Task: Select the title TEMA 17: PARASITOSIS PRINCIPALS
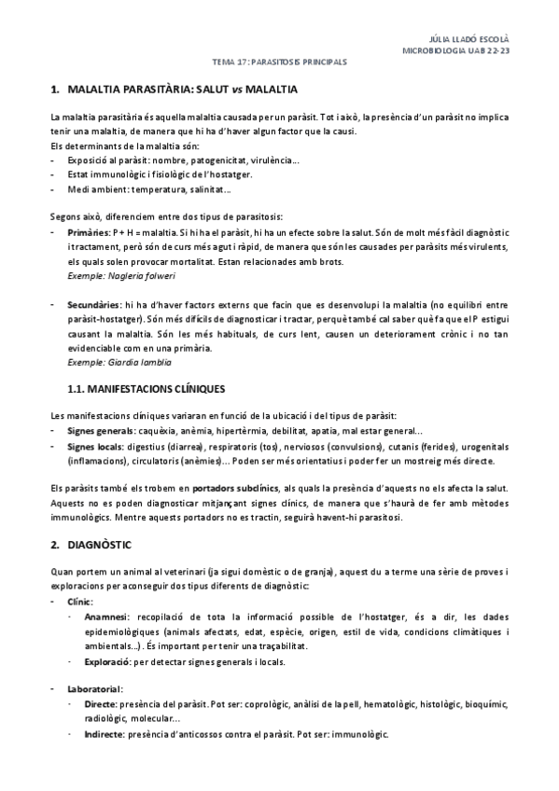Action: point(279,62)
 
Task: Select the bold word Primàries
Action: point(89,230)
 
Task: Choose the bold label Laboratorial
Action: point(95,688)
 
